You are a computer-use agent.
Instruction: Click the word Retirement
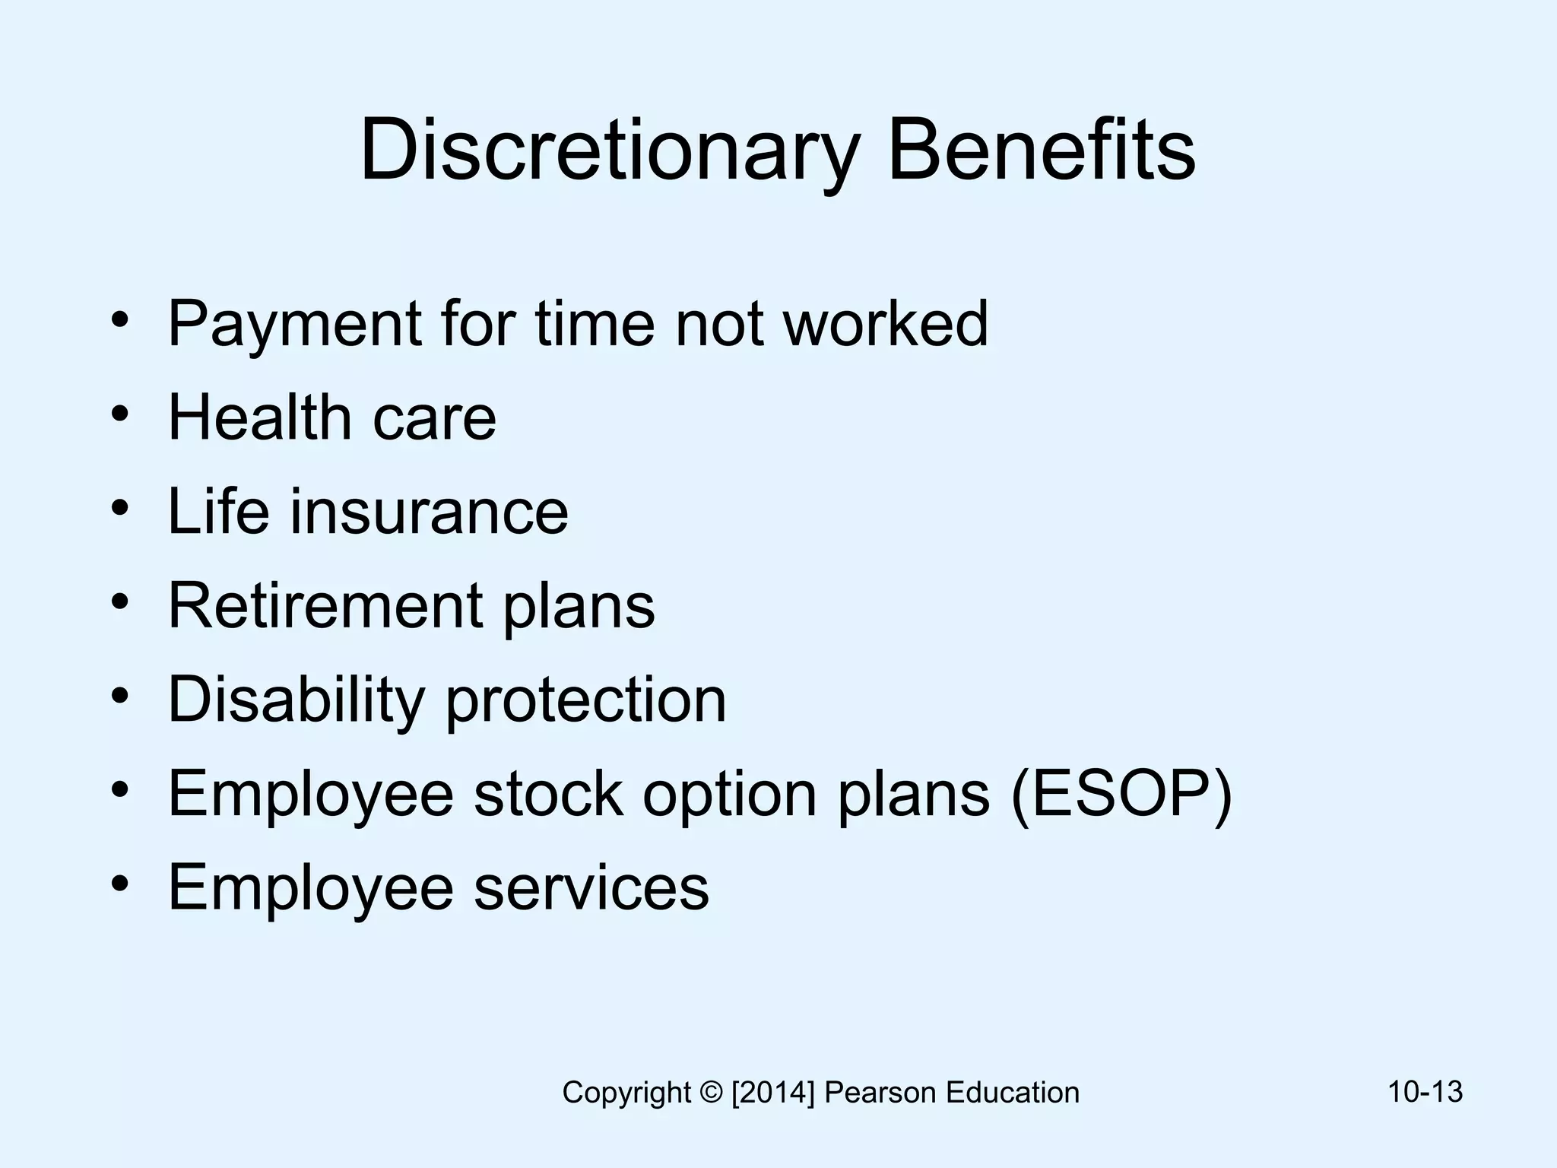pyautogui.click(x=325, y=605)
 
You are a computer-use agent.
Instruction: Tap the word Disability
pyautogui.click(x=296, y=700)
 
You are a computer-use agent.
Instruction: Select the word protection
pyautogui.click(x=586, y=700)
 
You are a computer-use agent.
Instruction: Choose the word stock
pyautogui.click(x=548, y=794)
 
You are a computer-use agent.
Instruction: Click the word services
pyautogui.click(x=591, y=887)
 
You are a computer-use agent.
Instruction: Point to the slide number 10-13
pyautogui.click(x=1425, y=1092)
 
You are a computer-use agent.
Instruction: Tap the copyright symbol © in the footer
pyautogui.click(x=712, y=1093)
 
